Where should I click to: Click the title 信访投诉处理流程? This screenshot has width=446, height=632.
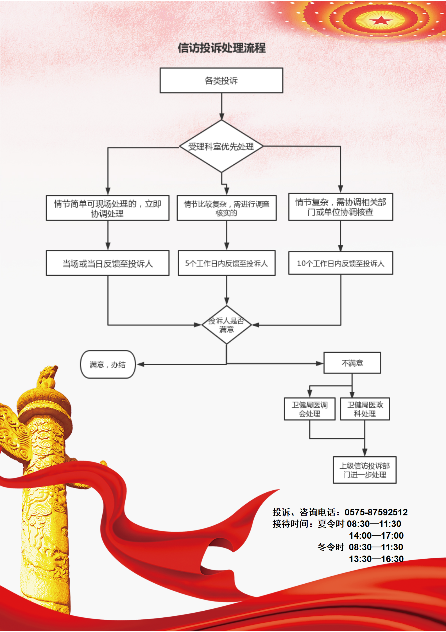point(221,48)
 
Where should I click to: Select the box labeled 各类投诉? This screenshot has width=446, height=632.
point(221,80)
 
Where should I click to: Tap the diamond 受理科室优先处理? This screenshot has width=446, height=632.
point(221,146)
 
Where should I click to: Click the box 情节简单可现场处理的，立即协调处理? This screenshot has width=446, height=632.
point(107,208)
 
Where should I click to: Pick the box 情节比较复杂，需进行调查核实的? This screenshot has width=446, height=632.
point(227,208)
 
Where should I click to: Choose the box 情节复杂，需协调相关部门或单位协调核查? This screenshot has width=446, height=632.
point(340,207)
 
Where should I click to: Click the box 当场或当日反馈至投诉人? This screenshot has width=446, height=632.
point(107,263)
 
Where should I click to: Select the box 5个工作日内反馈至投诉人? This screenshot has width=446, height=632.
point(227,263)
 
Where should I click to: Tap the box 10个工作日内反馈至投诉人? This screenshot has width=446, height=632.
point(340,263)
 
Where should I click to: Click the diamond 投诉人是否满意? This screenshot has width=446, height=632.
point(227,325)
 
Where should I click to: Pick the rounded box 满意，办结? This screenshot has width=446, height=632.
point(108,364)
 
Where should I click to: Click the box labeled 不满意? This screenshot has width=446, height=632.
point(352,363)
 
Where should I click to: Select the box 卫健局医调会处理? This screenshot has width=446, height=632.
point(309,409)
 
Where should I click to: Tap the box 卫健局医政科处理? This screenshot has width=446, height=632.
point(365,409)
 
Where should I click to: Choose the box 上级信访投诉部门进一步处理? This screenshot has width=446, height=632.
point(365,470)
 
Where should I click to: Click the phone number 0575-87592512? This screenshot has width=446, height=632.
point(376,512)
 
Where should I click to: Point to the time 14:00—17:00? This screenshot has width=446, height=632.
point(376,536)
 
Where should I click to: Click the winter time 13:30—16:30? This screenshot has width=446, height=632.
point(376,559)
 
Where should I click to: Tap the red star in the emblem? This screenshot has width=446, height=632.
point(381,21)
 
